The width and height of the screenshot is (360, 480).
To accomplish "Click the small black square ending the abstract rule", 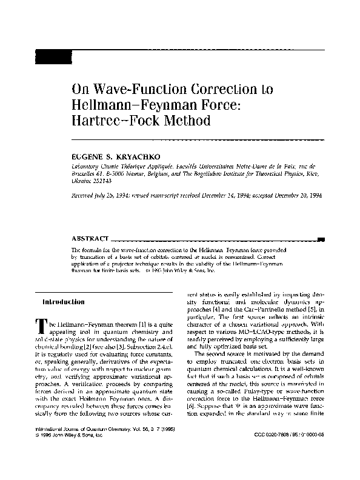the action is [x=321, y=239].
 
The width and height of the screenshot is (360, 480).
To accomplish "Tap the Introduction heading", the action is [x=63, y=301].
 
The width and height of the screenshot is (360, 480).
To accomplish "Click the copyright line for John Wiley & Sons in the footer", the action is [x=79, y=452].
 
